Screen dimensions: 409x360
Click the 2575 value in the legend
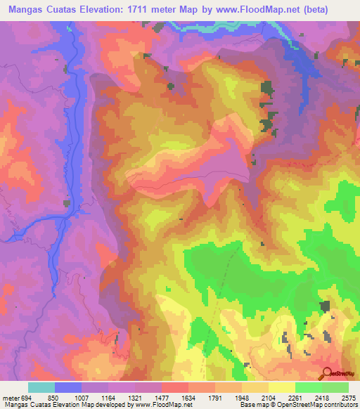point(348,397)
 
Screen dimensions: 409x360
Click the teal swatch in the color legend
point(41,387)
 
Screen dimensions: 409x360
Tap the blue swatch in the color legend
point(68,387)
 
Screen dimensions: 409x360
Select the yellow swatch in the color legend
point(282,387)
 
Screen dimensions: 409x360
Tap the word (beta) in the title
point(330,8)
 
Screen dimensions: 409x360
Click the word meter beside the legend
point(9,397)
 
